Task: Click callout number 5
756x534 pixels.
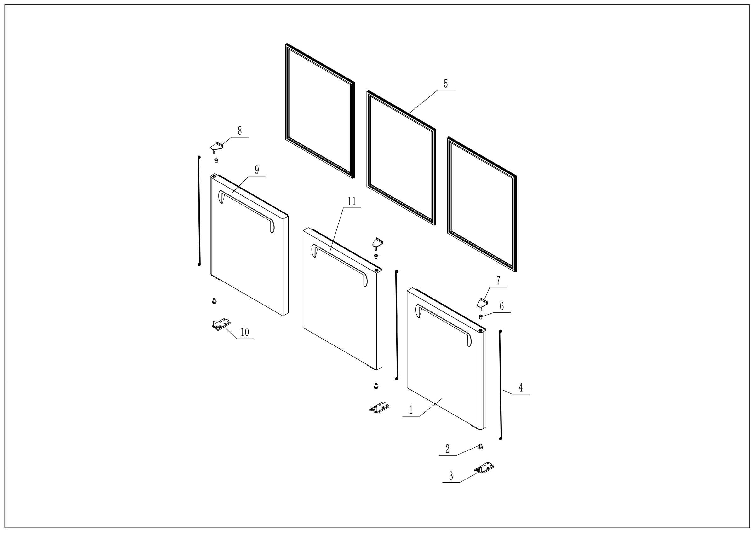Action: [x=445, y=84]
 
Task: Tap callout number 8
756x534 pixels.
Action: [x=240, y=131]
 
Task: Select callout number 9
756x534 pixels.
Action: [x=256, y=170]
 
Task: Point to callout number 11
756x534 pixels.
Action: [x=352, y=201]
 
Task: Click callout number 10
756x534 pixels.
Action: [x=245, y=332]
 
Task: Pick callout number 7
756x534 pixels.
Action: [x=498, y=281]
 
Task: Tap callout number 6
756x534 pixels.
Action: [x=501, y=306]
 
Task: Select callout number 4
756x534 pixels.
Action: [x=521, y=388]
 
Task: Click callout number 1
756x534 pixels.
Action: [x=411, y=410]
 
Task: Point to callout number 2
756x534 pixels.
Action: [x=447, y=449]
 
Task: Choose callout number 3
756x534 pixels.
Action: [x=451, y=476]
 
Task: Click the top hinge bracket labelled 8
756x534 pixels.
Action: [x=216, y=146]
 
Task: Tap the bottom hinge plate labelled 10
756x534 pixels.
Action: [x=221, y=324]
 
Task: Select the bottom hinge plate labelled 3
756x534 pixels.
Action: [x=484, y=468]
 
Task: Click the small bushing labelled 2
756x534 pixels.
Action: [x=480, y=447]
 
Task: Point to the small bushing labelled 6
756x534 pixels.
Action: [x=480, y=317]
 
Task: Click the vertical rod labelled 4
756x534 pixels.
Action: [x=501, y=386]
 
